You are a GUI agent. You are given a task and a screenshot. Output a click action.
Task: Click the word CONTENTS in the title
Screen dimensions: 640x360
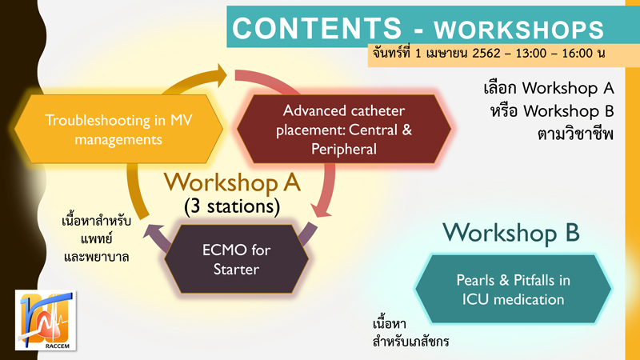(x=317, y=28)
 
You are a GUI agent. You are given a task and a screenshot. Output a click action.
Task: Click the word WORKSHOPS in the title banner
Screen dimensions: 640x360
(x=518, y=30)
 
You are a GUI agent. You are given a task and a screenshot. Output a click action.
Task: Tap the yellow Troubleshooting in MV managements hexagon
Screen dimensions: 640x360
(x=118, y=129)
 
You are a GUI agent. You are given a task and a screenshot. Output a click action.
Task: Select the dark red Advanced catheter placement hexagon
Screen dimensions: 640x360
(x=344, y=129)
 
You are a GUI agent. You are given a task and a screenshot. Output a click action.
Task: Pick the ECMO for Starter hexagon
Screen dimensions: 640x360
(x=236, y=258)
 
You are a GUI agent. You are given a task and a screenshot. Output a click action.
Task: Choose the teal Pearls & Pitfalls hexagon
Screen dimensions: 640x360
(x=513, y=289)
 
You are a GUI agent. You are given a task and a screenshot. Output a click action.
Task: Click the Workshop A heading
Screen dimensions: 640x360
(x=232, y=182)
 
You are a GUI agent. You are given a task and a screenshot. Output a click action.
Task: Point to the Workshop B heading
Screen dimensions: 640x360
(x=511, y=233)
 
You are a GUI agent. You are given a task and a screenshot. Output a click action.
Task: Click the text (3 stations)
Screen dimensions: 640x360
(x=232, y=206)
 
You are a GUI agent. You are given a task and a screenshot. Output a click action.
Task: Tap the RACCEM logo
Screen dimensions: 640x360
(x=46, y=320)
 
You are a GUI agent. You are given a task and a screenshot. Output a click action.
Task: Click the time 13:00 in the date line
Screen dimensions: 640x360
(x=530, y=54)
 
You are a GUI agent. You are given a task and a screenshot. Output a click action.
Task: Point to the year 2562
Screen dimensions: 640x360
(x=486, y=54)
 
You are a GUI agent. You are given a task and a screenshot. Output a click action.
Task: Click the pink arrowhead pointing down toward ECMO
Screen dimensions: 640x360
(x=322, y=210)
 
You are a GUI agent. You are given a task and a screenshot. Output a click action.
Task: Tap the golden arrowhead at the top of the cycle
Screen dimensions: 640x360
(x=222, y=75)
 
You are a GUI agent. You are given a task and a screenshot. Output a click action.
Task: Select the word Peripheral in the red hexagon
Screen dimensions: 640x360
(x=344, y=149)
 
